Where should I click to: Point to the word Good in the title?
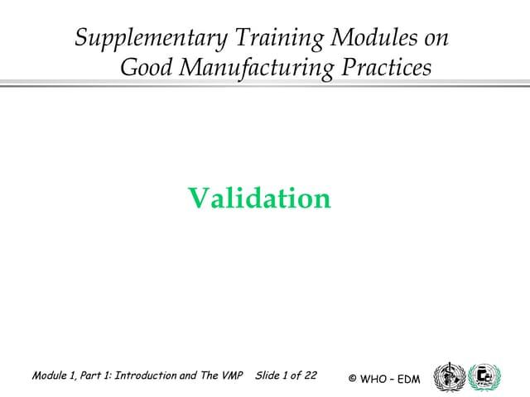148,67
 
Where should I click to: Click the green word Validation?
259,198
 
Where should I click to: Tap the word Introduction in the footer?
142,375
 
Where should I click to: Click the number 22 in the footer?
310,375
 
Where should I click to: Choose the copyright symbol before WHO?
353,379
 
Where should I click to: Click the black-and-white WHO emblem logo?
450,376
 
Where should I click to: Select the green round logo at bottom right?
484,376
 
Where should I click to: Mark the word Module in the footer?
51,375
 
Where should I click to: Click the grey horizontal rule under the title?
265,84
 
